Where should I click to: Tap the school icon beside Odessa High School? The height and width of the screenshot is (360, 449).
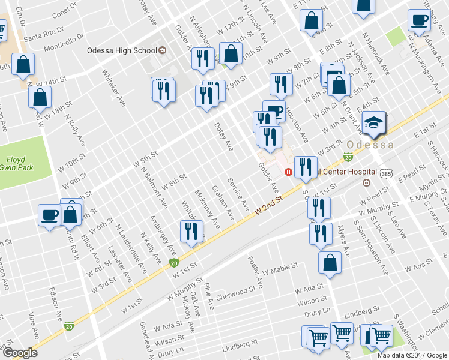pos(161,50)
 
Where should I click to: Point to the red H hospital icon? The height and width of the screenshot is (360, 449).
pos(288,172)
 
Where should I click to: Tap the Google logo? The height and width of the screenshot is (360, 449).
pos(20,353)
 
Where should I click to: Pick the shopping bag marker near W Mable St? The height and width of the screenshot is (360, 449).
pos(330,262)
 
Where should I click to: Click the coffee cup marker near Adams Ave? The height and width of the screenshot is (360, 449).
pos(419,20)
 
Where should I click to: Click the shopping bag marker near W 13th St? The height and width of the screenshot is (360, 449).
pos(40,97)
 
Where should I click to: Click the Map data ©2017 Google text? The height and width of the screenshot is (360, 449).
pos(412,355)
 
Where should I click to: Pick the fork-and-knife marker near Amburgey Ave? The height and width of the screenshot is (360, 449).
pos(191,232)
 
